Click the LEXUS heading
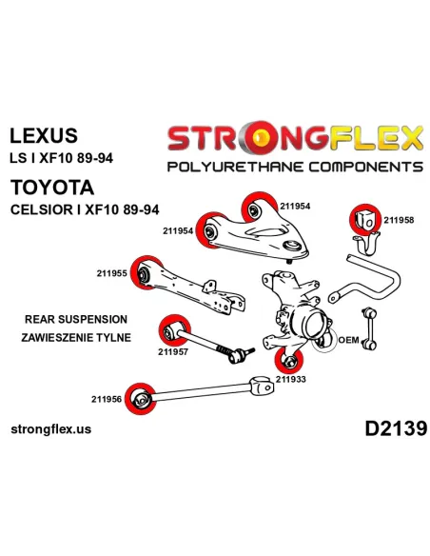[44, 135]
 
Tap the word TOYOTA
[52, 188]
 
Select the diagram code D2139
[396, 428]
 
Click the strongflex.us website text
[51, 429]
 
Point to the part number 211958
[399, 220]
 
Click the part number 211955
[111, 273]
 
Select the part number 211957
[173, 351]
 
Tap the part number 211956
[107, 399]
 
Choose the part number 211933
[291, 379]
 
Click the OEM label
[348, 340]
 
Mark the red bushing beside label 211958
[365, 220]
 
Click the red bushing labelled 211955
[145, 273]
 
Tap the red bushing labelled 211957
[173, 330]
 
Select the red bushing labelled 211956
[140, 399]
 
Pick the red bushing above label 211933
[289, 361]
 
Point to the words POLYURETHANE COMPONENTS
[295, 167]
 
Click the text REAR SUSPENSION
[76, 319]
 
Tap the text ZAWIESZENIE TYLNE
[76, 337]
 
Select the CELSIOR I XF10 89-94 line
[85, 209]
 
